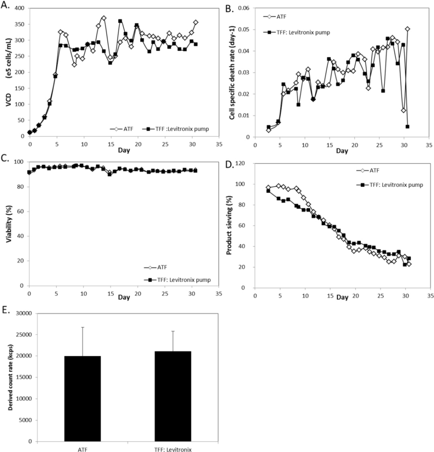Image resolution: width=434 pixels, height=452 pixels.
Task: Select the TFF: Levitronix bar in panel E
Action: pyautogui.click(x=173, y=396)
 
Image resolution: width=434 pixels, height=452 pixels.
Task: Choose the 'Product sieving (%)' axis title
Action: pyautogui.click(x=229, y=225)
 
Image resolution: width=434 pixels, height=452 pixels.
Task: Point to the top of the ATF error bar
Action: pyautogui.click(x=83, y=327)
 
